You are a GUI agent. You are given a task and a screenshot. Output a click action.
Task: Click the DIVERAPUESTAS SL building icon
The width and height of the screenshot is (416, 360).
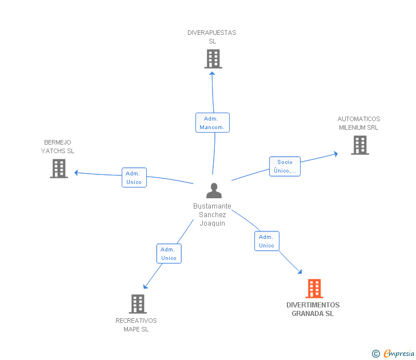pyautogui.click(x=213, y=59)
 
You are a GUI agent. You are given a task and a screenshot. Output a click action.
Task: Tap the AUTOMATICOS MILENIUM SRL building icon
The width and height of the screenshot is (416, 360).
pyautogui.click(x=359, y=145)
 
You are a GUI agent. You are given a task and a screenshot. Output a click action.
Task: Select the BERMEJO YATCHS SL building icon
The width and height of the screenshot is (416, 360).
pyautogui.click(x=58, y=169)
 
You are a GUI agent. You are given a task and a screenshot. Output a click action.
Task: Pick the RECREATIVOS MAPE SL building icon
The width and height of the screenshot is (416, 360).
pyautogui.click(x=138, y=304)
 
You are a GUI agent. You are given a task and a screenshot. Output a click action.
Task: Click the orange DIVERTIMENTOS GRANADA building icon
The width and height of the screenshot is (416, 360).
pyautogui.click(x=314, y=289)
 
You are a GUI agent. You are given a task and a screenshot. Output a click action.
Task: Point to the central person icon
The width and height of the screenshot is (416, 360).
pyautogui.click(x=214, y=191)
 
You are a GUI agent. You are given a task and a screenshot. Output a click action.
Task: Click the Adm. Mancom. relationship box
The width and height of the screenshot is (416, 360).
pyautogui.click(x=213, y=123)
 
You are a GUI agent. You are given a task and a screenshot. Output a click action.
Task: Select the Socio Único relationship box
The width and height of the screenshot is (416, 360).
pyautogui.click(x=285, y=166)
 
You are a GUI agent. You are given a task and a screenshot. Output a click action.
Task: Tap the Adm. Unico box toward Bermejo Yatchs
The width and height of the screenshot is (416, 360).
pyautogui.click(x=134, y=178)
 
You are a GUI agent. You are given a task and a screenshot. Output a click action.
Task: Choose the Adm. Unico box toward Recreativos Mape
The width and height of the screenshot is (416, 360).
pyautogui.click(x=169, y=254)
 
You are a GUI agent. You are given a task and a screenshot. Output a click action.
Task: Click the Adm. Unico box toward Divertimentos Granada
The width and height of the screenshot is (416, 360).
pyautogui.click(x=266, y=241)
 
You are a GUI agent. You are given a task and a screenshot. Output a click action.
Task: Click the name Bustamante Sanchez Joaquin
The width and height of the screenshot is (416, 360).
pyautogui.click(x=212, y=215)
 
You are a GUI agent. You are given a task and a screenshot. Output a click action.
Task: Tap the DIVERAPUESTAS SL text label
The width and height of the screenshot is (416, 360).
pyautogui.click(x=212, y=37)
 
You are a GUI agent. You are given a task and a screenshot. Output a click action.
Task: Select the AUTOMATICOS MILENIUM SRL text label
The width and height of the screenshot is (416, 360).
pyautogui.click(x=359, y=123)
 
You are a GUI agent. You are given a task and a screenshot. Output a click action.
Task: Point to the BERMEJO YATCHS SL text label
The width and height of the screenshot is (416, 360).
pyautogui.click(x=58, y=146)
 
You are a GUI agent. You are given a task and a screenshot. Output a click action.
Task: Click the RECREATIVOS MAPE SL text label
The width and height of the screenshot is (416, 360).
pyautogui.click(x=136, y=325)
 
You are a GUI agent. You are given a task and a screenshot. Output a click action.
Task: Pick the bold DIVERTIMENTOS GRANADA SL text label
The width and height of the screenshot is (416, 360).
pyautogui.click(x=313, y=309)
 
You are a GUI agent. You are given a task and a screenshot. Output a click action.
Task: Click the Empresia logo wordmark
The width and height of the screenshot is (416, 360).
pyautogui.click(x=399, y=353)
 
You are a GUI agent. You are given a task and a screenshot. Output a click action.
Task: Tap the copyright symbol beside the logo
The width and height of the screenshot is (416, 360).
pyautogui.click(x=376, y=354)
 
